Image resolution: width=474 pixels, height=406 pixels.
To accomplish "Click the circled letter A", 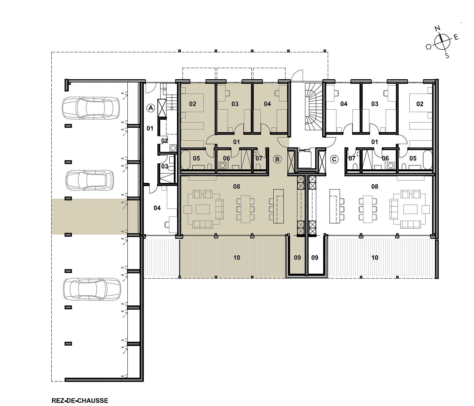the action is pos(151,108).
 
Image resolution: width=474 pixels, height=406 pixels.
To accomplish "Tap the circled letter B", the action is pos(277,159).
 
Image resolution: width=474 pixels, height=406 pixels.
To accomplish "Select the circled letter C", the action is pos(334,159).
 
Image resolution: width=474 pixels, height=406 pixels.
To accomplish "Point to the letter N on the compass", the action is pos(438,29).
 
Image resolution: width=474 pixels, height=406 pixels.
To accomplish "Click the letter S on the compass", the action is pos(447,56).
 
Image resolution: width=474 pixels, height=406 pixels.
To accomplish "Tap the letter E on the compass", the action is pos(456,37).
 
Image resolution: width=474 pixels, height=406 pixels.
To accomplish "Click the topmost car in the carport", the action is pos(91,108).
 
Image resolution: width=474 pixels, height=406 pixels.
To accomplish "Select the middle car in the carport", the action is pos(90,180).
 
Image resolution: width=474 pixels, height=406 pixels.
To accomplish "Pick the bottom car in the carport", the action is pos(92,289).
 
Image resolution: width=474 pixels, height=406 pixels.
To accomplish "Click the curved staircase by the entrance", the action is pos(313,107).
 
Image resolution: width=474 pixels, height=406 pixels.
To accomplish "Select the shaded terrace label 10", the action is pos(237,258).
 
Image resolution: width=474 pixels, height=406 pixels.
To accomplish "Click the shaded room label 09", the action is pos(297,258).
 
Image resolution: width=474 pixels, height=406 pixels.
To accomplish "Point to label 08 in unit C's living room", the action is pos(375,186).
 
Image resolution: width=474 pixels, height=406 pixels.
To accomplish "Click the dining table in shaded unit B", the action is pos(245,209).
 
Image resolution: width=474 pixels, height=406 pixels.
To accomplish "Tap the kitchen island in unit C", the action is pos(335,206).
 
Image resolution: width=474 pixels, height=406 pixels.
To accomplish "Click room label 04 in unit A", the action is pos(157,208).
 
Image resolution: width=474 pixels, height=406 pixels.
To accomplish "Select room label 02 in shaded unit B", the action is pos(193,104).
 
